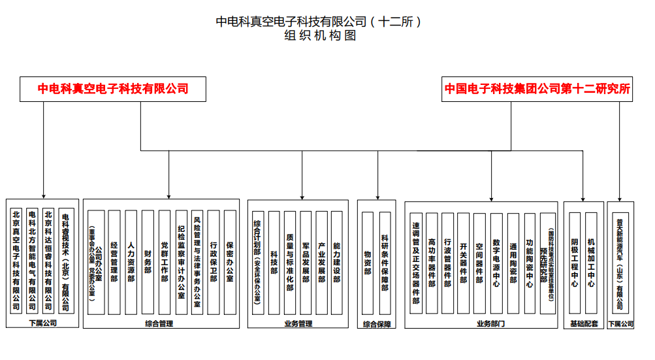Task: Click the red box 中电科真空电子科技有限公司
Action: click(x=113, y=89)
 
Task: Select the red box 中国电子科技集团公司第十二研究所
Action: click(x=537, y=89)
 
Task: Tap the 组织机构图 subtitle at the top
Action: click(x=320, y=36)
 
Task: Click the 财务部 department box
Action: click(x=148, y=261)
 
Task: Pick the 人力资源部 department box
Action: click(x=131, y=261)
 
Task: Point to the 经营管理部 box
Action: click(x=114, y=261)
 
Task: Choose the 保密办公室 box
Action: click(x=230, y=261)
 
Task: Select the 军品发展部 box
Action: click(x=306, y=261)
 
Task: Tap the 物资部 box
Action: click(x=368, y=261)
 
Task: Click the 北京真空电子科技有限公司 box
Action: click(x=16, y=261)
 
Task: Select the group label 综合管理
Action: click(x=159, y=323)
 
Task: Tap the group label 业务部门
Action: click(x=490, y=323)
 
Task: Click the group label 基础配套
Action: click(x=583, y=323)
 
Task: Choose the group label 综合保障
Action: click(x=377, y=323)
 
